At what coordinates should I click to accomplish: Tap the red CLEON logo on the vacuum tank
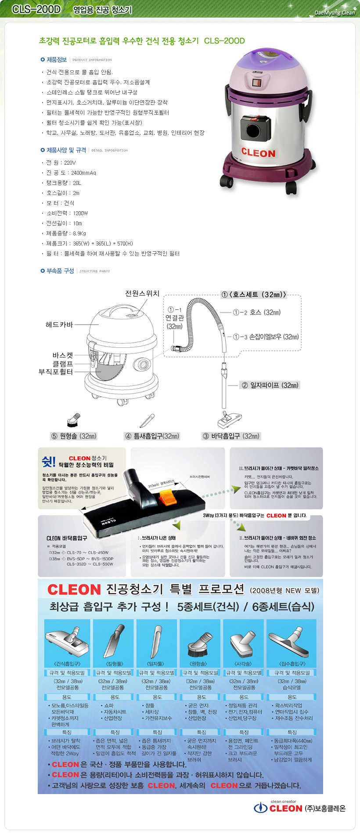258,153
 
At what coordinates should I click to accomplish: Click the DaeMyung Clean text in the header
335,13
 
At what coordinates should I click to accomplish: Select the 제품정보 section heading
57,60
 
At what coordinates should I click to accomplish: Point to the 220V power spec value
70,163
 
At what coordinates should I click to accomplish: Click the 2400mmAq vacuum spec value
83,173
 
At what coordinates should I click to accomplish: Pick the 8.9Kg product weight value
79,233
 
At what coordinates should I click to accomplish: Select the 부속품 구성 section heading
60,271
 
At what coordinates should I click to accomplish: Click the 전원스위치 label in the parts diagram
142,293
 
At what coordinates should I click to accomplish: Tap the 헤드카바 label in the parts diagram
59,325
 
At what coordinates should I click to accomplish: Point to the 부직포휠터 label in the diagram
56,372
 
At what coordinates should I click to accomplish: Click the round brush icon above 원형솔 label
73,420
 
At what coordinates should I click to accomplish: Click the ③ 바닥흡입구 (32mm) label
231,436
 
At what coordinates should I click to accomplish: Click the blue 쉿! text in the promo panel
49,462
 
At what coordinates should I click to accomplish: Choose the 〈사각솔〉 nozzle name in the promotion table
244,664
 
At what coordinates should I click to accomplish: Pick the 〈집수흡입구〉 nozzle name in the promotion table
292,664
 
